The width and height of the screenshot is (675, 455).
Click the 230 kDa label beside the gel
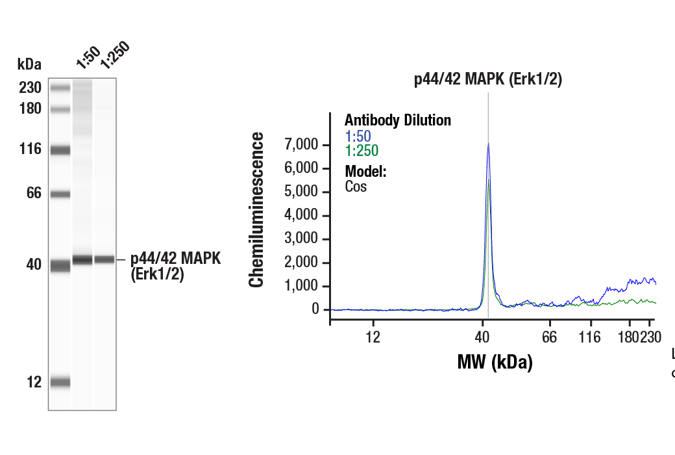[x=29, y=88]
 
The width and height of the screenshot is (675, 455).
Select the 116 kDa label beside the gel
[x=29, y=149]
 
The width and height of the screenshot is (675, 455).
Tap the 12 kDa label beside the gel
[x=34, y=382]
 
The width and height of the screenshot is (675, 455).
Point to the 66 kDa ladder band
[x=60, y=194]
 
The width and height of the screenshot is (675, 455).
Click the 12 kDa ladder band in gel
[x=60, y=382]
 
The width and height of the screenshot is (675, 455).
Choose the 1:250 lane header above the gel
[x=114, y=55]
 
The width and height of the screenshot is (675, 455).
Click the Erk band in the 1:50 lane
[x=82, y=259]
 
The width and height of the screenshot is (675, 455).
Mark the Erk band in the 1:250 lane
[x=104, y=259]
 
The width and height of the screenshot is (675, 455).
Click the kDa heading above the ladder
[x=29, y=64]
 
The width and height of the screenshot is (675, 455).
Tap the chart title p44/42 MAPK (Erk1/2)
[x=487, y=80]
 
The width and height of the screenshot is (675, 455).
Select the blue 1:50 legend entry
[x=358, y=136]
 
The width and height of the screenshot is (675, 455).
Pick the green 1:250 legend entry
[x=362, y=151]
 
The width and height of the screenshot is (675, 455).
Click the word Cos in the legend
[x=356, y=187]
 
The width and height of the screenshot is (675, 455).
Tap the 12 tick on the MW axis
[x=373, y=337]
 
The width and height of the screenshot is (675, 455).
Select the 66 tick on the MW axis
[x=550, y=337]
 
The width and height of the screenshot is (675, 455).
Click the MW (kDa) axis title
[x=495, y=361]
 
